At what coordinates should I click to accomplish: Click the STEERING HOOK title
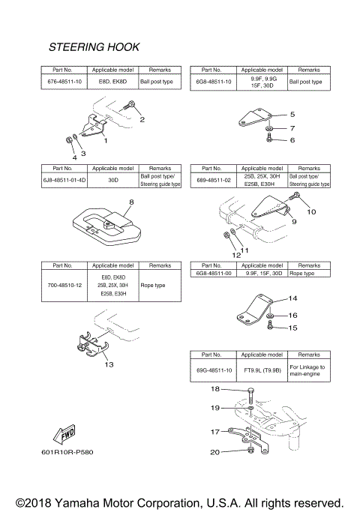point(94,47)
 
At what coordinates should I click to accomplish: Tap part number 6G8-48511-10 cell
point(214,82)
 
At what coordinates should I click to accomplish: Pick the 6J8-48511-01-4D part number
point(62,181)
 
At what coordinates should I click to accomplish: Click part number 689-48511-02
point(214,181)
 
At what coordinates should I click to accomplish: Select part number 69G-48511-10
point(214,367)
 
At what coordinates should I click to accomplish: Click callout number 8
point(110,202)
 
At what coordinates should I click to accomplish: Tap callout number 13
point(109,365)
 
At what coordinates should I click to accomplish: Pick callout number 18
point(214,389)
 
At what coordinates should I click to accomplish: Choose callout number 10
point(311,212)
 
